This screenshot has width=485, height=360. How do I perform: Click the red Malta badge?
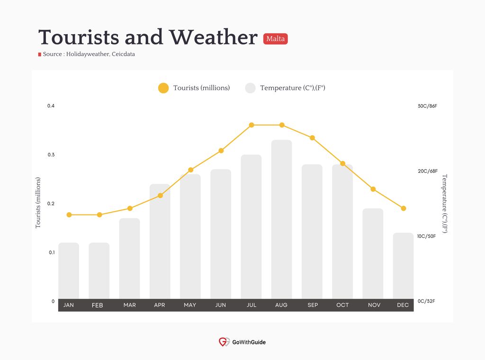pyautogui.click(x=275, y=39)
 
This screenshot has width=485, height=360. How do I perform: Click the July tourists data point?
pyautogui.click(x=251, y=125)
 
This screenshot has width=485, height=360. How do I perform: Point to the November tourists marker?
pyautogui.click(x=373, y=189)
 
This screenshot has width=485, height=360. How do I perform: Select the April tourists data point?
pyautogui.click(x=160, y=196)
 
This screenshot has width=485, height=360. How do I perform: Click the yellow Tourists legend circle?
pyautogui.click(x=163, y=88)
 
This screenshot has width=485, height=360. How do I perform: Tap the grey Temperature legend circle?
pyautogui.click(x=250, y=88)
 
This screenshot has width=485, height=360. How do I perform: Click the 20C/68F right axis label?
pyautogui.click(x=427, y=171)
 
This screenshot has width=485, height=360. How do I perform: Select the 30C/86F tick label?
pyautogui.click(x=427, y=106)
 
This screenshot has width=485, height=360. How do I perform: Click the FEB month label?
pyautogui.click(x=97, y=306)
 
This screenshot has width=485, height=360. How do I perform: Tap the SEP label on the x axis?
pyautogui.click(x=313, y=305)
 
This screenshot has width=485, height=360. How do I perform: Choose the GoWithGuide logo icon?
pyautogui.click(x=224, y=342)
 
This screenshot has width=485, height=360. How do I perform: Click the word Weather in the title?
pyautogui.click(x=213, y=37)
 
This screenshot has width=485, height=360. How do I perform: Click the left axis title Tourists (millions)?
pyautogui.click(x=38, y=203)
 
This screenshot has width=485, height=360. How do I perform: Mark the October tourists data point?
pyautogui.click(x=343, y=163)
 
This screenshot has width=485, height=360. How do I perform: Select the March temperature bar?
pyautogui.click(x=129, y=259)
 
